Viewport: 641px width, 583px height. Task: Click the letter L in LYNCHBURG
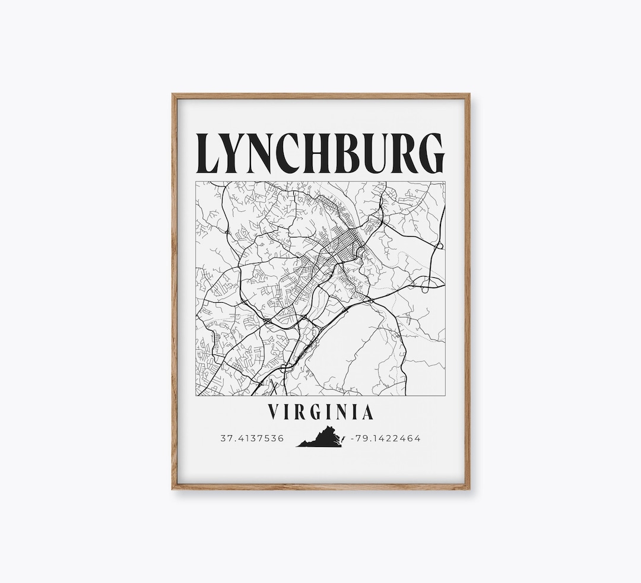211,154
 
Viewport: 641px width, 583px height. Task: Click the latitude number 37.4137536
252,439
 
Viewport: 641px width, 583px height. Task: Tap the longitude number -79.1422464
386,439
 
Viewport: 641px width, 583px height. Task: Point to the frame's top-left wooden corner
175,96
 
